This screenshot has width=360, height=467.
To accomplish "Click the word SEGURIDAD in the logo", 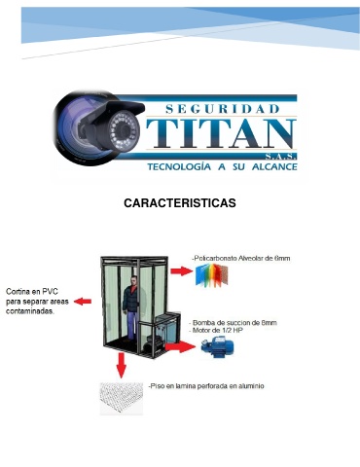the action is pyautogui.click(x=222, y=109).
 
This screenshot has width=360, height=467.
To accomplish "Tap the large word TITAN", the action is pyautogui.click(x=221, y=133).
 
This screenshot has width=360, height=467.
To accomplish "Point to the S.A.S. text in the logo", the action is pyautogui.click(x=280, y=157).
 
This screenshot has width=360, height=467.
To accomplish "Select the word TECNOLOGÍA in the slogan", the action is pyautogui.click(x=179, y=166).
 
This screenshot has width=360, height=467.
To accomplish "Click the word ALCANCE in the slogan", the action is pyautogui.click(x=274, y=166).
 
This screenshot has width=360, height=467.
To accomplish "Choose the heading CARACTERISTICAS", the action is pyautogui.click(x=180, y=203).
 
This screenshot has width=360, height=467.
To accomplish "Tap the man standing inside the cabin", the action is pyautogui.click(x=130, y=307).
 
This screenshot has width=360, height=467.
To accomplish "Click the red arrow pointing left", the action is pyautogui.click(x=83, y=302).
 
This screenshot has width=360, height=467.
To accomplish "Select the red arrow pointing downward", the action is pyautogui.click(x=121, y=365).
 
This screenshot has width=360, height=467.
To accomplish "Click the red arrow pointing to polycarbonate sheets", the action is pyautogui.click(x=182, y=271).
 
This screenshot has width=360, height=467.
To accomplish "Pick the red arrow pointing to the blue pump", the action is pyautogui.click(x=180, y=346).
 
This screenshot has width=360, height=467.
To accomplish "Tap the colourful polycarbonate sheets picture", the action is pyautogui.click(x=212, y=275).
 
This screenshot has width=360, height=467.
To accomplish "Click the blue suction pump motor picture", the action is pyautogui.click(x=217, y=346).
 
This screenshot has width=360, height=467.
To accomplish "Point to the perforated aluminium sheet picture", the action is pyautogui.click(x=122, y=399).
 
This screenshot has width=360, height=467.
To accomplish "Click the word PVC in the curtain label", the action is pyautogui.click(x=50, y=292).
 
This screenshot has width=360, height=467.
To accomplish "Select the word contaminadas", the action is pyautogui.click(x=30, y=311).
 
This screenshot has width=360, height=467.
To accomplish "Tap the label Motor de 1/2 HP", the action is pyautogui.click(x=216, y=331).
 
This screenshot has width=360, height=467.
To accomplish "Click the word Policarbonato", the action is pyautogui.click(x=214, y=259).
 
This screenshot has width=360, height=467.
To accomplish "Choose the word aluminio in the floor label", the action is pyautogui.click(x=251, y=386).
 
